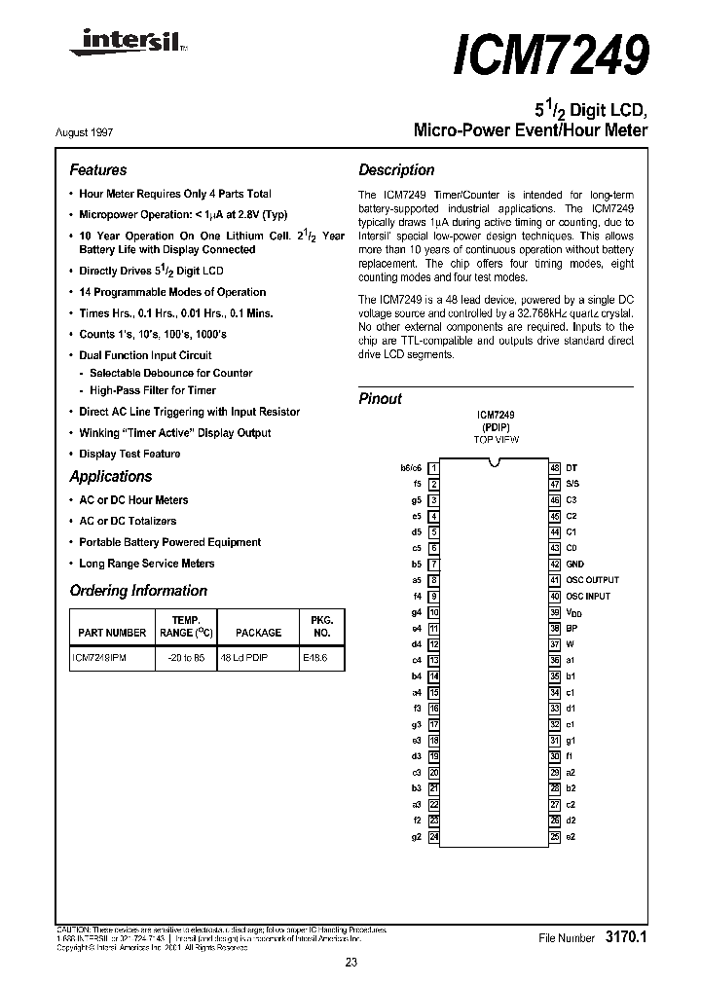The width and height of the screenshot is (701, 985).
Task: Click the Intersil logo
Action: [x=116, y=43]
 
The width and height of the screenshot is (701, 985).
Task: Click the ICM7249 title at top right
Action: [x=550, y=56]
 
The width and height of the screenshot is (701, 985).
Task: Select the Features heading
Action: [x=97, y=169]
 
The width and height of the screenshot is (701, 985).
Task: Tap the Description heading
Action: [x=396, y=169]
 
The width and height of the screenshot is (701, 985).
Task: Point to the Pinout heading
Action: [x=380, y=398]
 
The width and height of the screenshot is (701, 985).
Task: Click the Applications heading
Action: [x=111, y=476]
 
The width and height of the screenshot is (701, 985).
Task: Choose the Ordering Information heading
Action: [x=138, y=591]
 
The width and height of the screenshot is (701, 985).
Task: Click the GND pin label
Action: [x=574, y=564]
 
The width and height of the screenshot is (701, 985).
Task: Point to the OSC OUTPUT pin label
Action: [x=592, y=580]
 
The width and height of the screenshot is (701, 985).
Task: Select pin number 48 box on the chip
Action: [x=554, y=468]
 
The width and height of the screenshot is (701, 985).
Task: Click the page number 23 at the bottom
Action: [x=350, y=963]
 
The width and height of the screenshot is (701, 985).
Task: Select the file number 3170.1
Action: [x=626, y=937]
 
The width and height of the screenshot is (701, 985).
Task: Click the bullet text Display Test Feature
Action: [x=129, y=454]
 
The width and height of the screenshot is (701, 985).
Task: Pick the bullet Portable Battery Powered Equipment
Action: [x=169, y=542]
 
